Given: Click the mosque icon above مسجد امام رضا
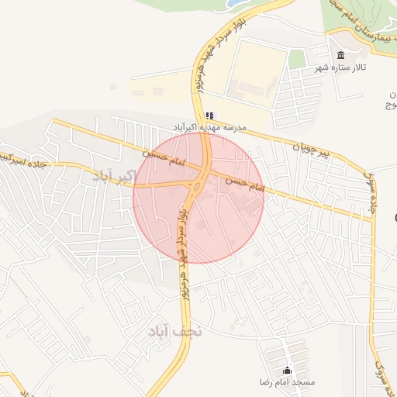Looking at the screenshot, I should tap(288, 370).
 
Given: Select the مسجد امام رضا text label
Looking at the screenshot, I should tap(288, 383).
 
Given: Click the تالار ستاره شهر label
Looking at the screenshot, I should tap(339, 69).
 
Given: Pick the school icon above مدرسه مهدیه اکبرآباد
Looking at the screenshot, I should tap(209, 115).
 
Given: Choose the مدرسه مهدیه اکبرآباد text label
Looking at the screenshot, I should tap(210, 127).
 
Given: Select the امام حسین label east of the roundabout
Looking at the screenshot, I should tap(246, 184).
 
